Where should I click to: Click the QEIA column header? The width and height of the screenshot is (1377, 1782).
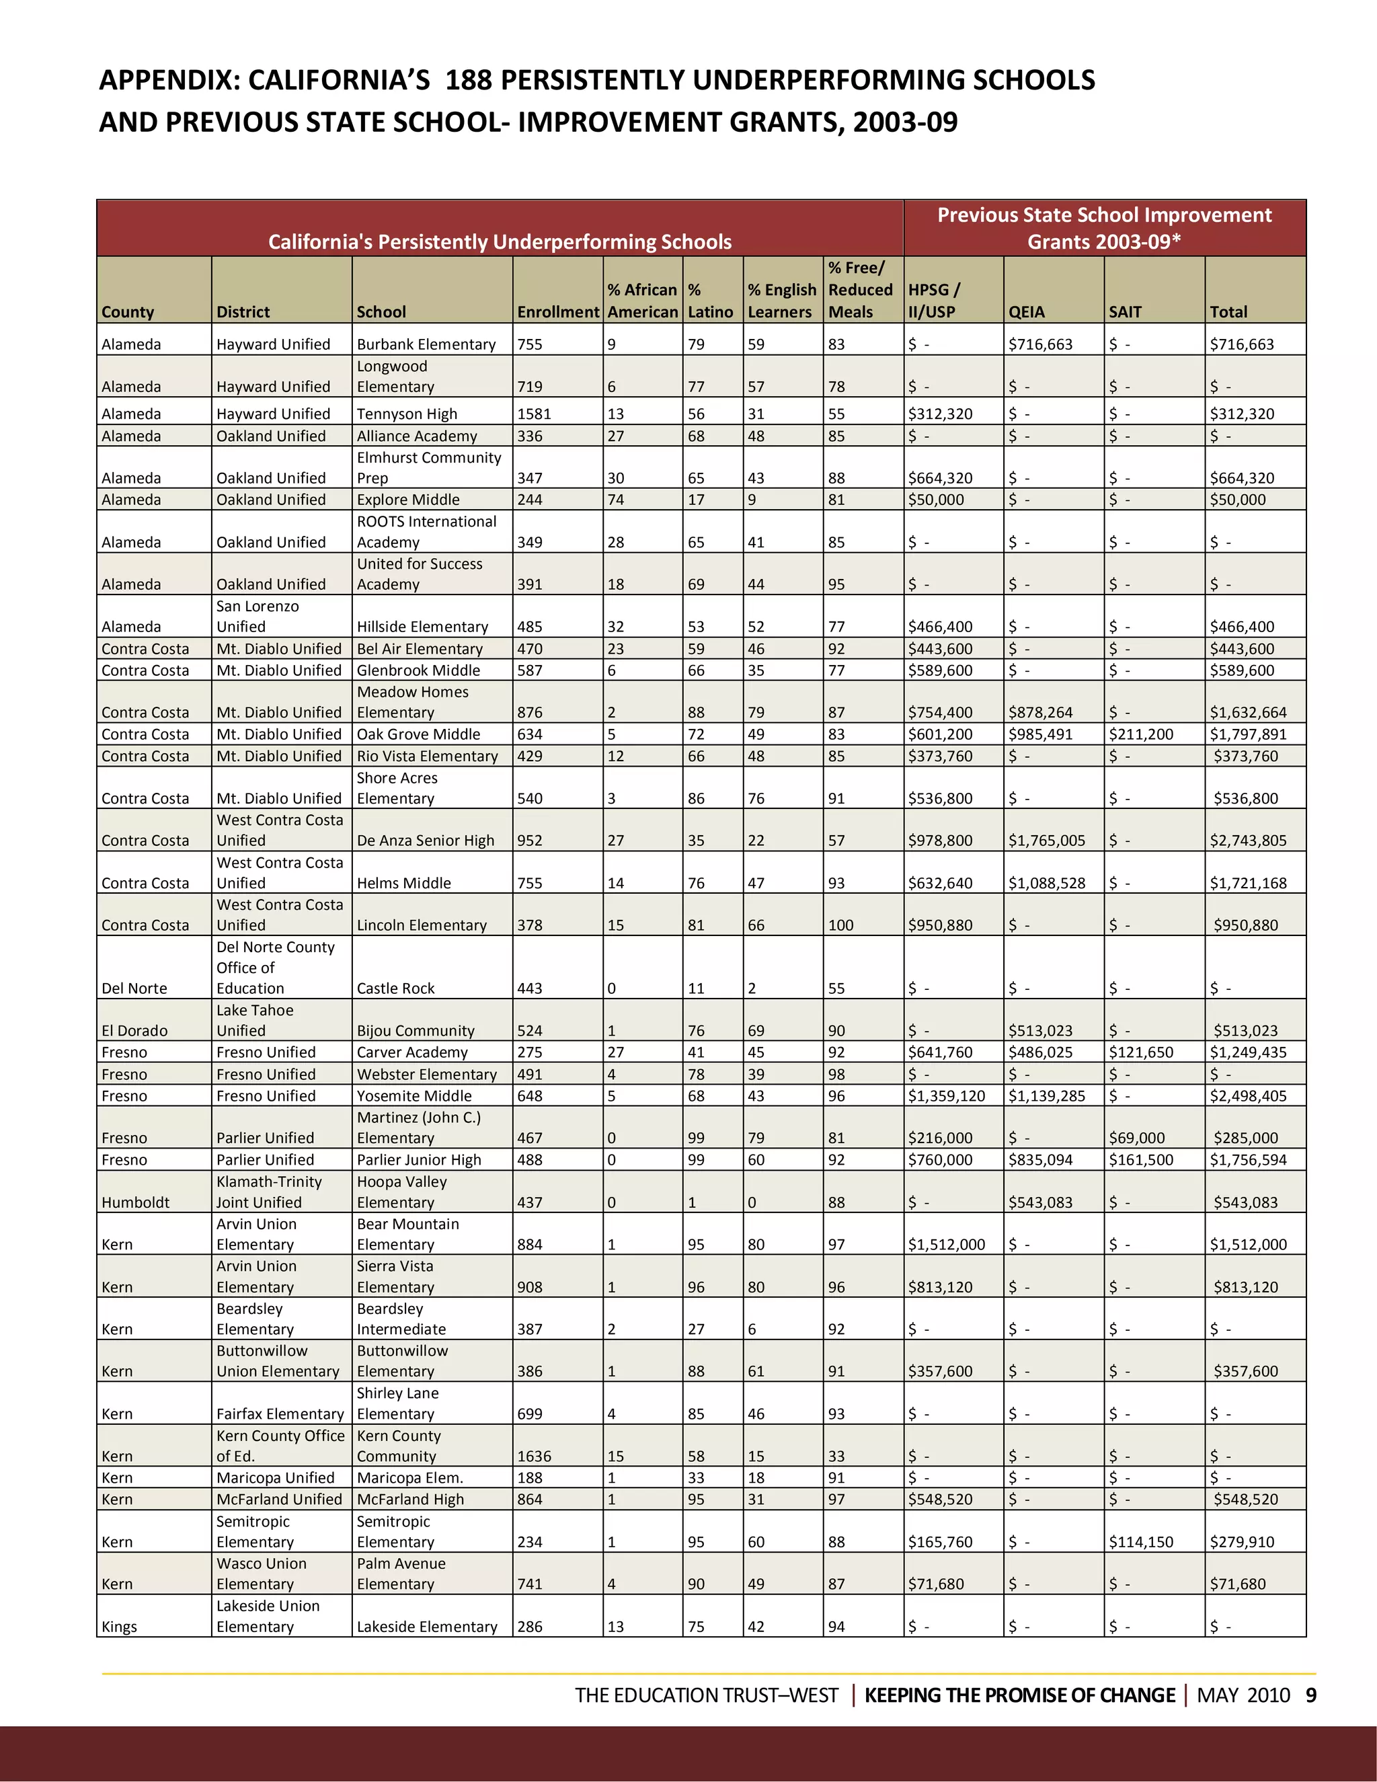click(x=1026, y=312)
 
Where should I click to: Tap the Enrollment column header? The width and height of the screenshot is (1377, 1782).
click(x=558, y=312)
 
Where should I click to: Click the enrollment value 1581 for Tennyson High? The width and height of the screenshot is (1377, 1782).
click(x=535, y=414)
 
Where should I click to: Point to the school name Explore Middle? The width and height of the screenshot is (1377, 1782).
click(x=408, y=500)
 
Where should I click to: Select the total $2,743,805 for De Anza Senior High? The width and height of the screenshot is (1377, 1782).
click(x=1247, y=841)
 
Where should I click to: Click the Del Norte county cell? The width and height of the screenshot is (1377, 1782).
click(x=134, y=988)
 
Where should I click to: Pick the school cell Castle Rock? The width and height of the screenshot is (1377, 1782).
click(x=395, y=988)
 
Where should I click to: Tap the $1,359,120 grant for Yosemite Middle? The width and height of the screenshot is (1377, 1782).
click(x=946, y=1096)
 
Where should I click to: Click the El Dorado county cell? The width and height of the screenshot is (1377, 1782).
click(x=134, y=1030)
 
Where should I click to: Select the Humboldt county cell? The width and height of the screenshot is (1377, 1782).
click(x=135, y=1202)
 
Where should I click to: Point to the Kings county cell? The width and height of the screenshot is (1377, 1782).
click(x=119, y=1626)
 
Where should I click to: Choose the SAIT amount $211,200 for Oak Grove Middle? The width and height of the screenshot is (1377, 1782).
click(x=1140, y=734)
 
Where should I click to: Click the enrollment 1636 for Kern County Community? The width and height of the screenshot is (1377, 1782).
click(x=535, y=1457)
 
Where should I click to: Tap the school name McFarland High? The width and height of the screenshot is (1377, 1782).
click(x=409, y=1499)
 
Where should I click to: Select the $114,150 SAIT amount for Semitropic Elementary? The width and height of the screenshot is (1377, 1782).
click(x=1140, y=1542)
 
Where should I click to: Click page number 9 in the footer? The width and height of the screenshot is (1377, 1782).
click(x=1311, y=1695)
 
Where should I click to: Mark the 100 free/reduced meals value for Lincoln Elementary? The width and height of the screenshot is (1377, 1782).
click(x=840, y=925)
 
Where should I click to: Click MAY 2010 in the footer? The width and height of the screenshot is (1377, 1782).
click(x=1243, y=1695)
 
